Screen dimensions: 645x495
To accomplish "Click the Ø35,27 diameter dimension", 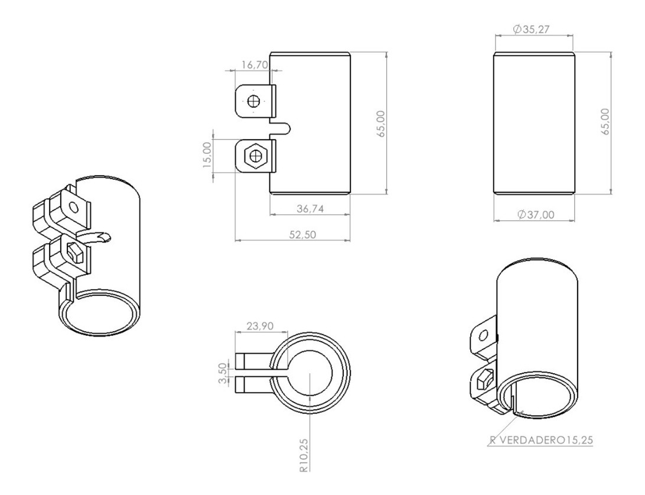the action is pos(531,29).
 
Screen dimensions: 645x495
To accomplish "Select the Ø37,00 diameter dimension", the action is pos(536,215).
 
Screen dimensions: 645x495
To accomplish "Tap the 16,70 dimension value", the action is pos(255,64).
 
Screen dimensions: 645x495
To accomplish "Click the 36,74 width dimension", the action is pos(310,209).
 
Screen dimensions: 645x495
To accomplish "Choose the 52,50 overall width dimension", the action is pos(302,234).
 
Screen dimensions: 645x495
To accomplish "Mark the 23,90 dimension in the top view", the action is pos(260,326).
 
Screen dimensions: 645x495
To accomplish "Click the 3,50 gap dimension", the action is pos(223,373).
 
